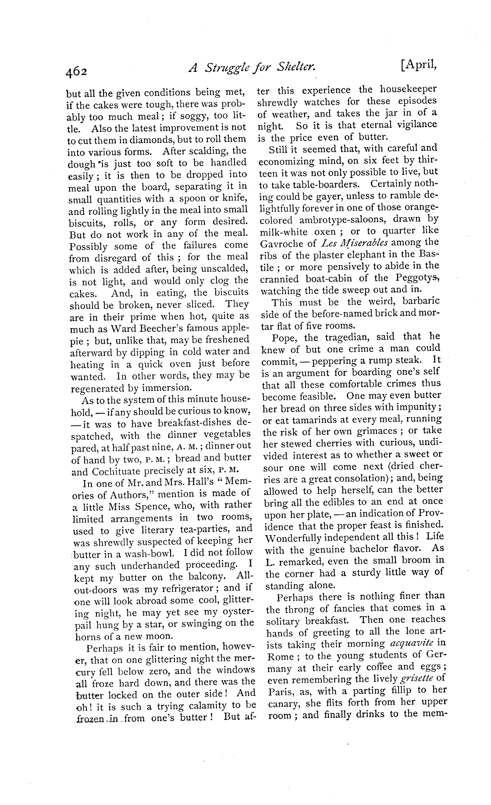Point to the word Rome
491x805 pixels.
pyautogui.click(x=278, y=656)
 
